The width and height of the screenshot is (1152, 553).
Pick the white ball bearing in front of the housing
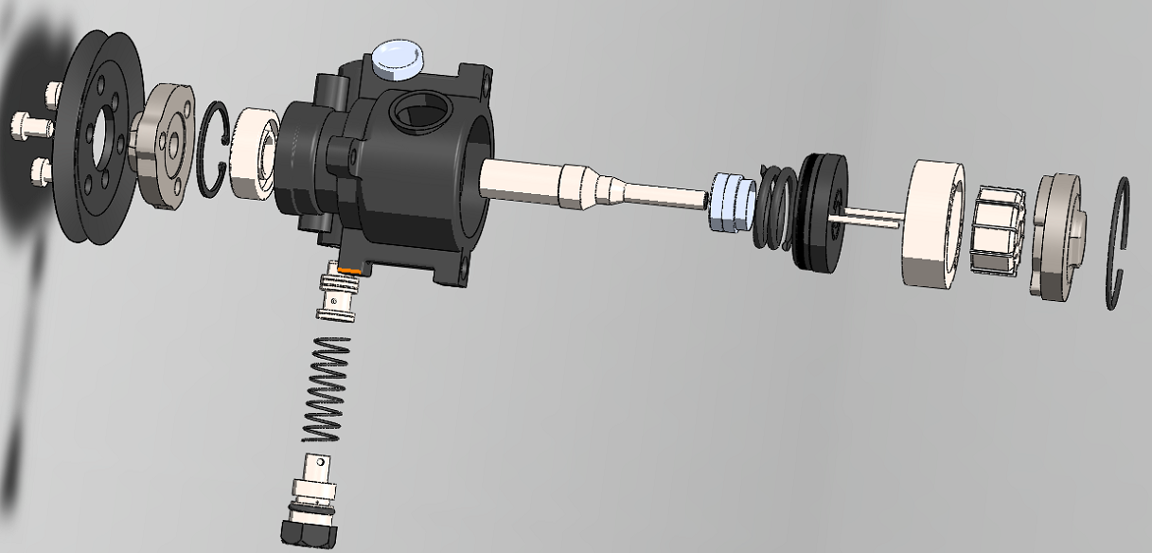248,156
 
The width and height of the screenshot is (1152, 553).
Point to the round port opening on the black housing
416,112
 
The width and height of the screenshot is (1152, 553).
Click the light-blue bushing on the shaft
730,202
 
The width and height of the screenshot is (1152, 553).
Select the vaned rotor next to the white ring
996,231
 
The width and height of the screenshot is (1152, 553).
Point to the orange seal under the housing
350,269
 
